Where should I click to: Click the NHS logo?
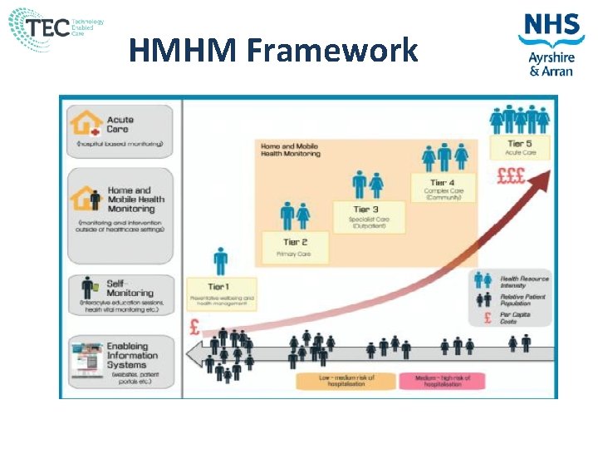pyautogui.click(x=551, y=27)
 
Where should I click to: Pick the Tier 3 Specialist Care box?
pyautogui.click(x=365, y=215)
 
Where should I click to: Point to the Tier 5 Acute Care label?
pyautogui.click(x=522, y=148)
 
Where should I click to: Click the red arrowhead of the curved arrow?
pyautogui.click(x=544, y=176)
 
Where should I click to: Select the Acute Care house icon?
pyautogui.click(x=85, y=125)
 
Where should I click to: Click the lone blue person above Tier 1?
pyautogui.click(x=220, y=261)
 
